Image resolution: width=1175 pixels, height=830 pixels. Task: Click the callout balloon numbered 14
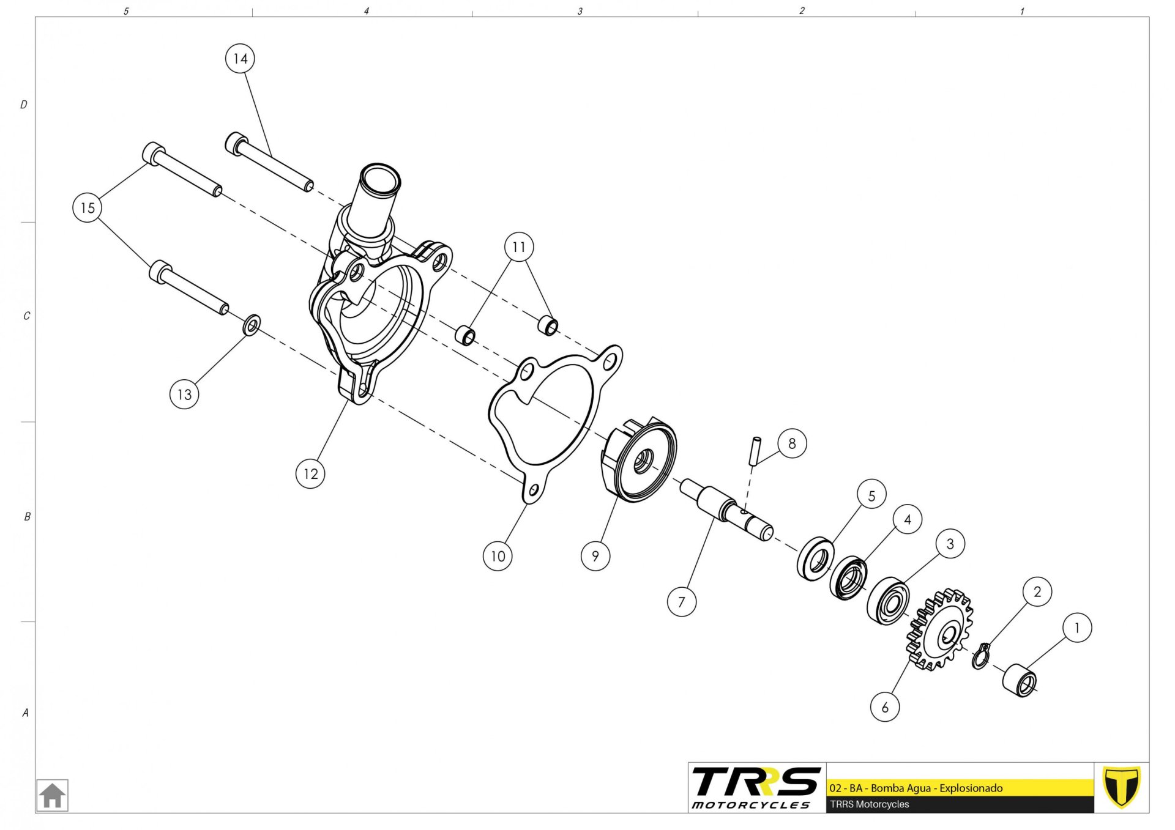pyautogui.click(x=240, y=59)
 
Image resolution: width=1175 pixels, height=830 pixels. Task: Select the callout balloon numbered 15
pyautogui.click(x=88, y=207)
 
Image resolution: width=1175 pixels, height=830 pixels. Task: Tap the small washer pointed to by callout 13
pyautogui.click(x=252, y=325)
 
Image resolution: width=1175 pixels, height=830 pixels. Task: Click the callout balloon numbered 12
pyautogui.click(x=310, y=473)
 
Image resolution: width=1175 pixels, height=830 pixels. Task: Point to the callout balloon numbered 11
pyautogui.click(x=519, y=247)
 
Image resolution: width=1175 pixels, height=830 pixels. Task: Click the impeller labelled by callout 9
pyautogui.click(x=638, y=460)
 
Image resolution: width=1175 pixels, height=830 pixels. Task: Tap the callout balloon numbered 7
pyautogui.click(x=682, y=602)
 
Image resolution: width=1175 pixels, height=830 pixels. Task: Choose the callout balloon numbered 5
pyautogui.click(x=871, y=495)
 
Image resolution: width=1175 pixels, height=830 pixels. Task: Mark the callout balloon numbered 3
pyautogui.click(x=950, y=544)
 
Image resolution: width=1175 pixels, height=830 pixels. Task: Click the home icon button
pyautogui.click(x=52, y=795)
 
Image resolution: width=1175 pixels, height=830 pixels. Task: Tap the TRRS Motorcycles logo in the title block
pyautogui.click(x=756, y=788)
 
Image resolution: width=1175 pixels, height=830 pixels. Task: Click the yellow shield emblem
pyautogui.click(x=1121, y=787)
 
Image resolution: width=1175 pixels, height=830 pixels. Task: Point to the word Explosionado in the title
pyautogui.click(x=971, y=788)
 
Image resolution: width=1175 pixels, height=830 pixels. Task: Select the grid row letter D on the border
pyautogui.click(x=24, y=105)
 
